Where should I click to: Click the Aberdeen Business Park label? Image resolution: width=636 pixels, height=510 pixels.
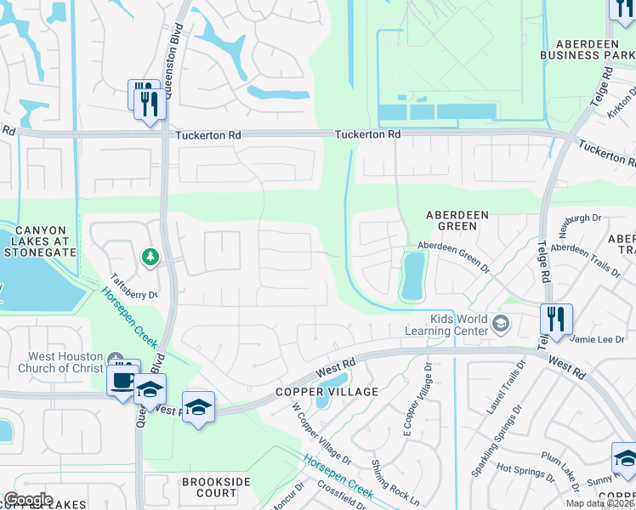pos(588,49)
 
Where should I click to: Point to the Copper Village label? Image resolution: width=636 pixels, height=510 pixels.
pos(314,392)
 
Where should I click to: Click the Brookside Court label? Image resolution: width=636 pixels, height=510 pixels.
pos(209,487)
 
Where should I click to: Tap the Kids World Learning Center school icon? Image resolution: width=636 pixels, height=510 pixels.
pos(501,322)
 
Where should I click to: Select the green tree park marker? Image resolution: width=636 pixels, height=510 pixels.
pos(150,256)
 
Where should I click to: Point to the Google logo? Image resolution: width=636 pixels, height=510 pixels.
pos(27,500)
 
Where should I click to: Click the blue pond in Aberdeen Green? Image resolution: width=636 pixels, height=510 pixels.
pos(412,276)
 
